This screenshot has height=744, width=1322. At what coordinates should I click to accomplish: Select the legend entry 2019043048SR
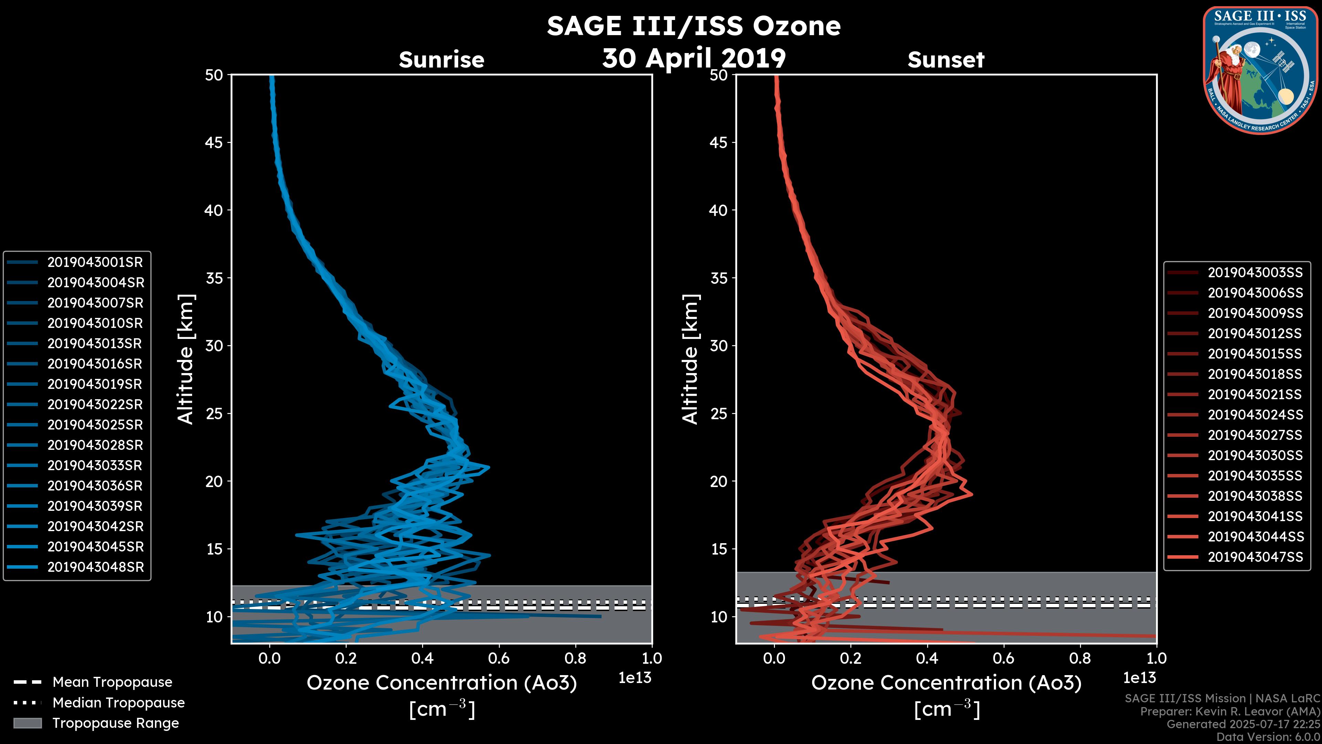point(95,567)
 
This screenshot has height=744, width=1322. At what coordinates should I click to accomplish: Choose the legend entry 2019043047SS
point(1255,557)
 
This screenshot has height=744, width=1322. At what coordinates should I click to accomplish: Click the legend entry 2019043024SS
point(1255,415)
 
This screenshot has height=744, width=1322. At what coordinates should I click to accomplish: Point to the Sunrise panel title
point(441,60)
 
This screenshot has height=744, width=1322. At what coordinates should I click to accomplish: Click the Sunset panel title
point(946,60)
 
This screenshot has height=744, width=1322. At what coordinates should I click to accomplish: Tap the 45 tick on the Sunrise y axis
point(214,143)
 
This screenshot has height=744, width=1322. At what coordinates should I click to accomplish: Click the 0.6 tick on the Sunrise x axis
point(499,658)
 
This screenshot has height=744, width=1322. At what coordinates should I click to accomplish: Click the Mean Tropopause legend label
point(112,682)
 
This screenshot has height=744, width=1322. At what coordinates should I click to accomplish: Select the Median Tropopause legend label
point(118,703)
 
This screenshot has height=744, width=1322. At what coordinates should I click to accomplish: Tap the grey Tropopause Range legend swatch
point(27,723)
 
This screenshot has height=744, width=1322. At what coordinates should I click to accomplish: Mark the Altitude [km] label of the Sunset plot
point(690,359)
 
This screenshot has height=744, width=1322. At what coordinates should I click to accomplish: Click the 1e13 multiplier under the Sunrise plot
point(635,678)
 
